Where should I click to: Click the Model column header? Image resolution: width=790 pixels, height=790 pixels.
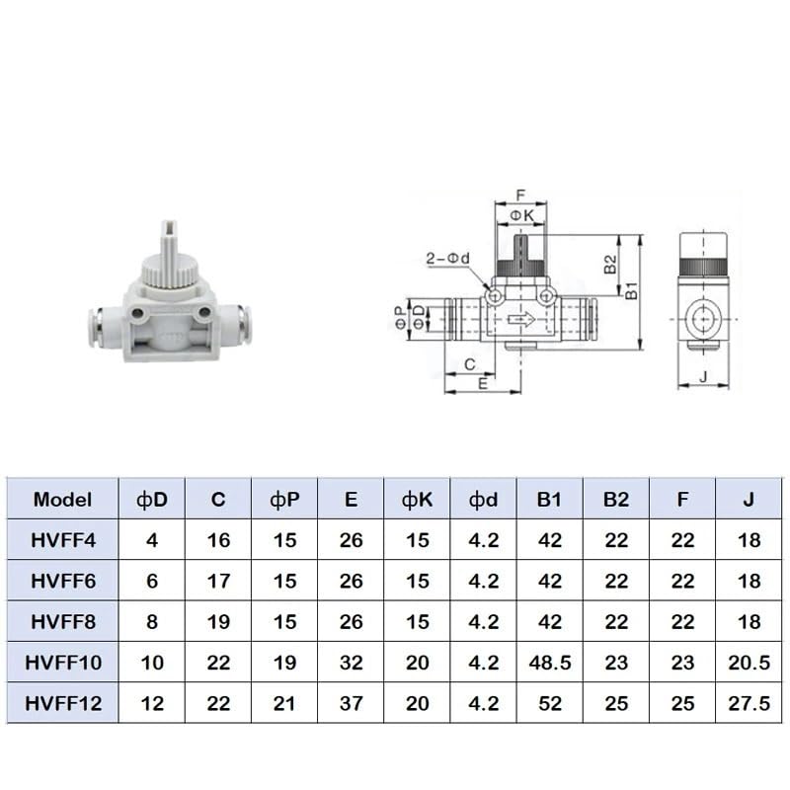tap(62, 500)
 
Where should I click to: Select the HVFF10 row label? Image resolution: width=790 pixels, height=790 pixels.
tap(63, 663)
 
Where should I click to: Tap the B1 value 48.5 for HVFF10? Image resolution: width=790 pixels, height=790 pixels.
tap(550, 663)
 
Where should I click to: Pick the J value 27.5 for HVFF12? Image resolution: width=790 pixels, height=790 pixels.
tap(749, 703)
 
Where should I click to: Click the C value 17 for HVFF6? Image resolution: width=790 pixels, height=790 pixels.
tap(218, 581)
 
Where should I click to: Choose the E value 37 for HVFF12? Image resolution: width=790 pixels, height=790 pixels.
tap(351, 703)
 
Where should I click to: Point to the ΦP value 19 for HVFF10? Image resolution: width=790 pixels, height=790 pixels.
tap(284, 663)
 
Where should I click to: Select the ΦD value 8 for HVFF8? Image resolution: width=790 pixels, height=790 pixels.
tap(152, 622)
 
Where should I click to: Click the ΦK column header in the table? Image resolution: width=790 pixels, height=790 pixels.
tap(417, 500)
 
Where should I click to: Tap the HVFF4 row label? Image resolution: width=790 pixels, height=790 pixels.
tap(63, 540)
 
